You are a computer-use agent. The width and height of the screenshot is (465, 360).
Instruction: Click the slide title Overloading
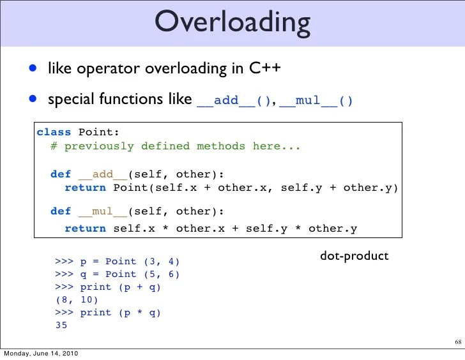tap(232, 22)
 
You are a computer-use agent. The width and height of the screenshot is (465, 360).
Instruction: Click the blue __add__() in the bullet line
tap(234, 101)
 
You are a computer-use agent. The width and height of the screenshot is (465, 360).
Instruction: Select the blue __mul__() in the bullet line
tap(316, 101)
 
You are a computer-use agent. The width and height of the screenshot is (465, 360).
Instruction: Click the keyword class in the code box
tap(54, 132)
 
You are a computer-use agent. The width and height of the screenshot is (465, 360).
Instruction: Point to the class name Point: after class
tap(98, 132)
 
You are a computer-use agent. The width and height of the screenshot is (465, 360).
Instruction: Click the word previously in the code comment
tap(99, 146)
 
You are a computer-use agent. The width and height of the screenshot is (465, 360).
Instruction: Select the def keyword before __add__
tap(61, 174)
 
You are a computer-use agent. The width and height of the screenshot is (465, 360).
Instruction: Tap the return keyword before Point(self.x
tap(86, 188)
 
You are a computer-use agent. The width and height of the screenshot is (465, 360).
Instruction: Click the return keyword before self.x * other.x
tap(86, 228)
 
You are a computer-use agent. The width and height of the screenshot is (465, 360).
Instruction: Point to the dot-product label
tap(354, 256)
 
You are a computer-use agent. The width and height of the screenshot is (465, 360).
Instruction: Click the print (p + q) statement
tap(120, 287)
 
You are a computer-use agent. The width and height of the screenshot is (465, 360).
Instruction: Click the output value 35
tap(61, 326)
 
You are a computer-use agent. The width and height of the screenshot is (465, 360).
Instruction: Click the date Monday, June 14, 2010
tap(41, 354)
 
